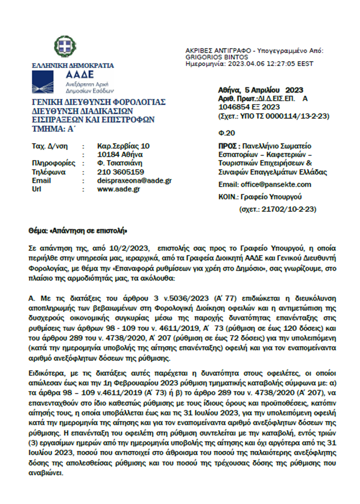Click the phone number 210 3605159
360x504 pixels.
point(121,172)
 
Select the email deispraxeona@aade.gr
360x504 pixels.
point(134,181)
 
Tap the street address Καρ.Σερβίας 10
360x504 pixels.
point(123,146)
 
